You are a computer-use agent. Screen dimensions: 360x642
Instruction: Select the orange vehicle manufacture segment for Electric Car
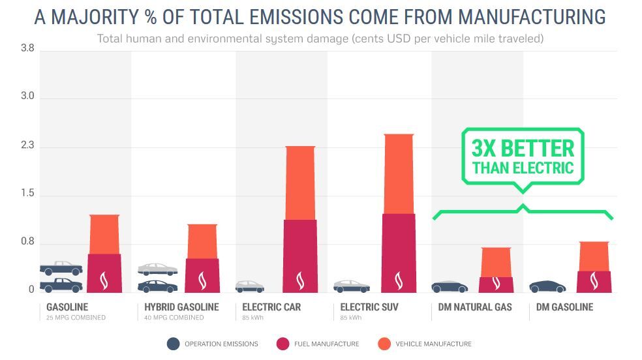(300, 183)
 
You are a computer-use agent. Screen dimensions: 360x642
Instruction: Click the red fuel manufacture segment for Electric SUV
(398, 251)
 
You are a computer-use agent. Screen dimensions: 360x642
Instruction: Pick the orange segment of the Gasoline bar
(104, 233)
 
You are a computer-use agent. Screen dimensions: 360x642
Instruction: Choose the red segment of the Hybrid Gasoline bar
(202, 274)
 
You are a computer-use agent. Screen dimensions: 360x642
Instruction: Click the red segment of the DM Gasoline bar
(594, 280)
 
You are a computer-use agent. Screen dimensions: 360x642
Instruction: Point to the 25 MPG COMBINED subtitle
(76, 318)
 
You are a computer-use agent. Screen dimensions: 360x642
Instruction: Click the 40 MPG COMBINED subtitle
(174, 318)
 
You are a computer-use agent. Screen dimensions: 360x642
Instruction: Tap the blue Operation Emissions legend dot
(174, 344)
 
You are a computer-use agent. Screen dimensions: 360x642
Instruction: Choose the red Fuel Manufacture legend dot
(283, 344)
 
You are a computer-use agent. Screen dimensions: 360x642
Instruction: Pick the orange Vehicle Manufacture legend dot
(384, 344)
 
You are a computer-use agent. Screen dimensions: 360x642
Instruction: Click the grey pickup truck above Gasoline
(61, 267)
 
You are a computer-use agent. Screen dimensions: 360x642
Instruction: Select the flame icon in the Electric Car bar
(300, 280)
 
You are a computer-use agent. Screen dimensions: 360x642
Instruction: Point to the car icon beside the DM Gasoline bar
(547, 286)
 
